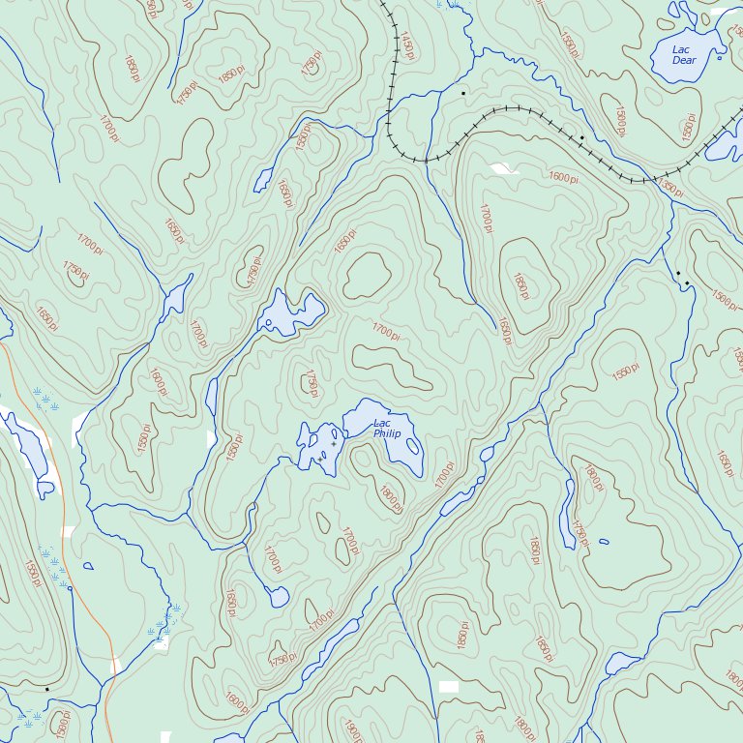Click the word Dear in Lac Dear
point(684,61)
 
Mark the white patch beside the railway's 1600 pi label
point(502,169)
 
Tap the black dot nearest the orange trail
point(70,587)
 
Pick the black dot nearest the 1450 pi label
point(463,93)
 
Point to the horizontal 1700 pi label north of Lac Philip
point(385,332)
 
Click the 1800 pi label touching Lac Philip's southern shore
point(391,499)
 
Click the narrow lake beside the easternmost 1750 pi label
point(567,513)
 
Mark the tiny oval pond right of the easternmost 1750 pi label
point(604,541)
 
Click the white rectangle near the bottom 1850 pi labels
point(447,686)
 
